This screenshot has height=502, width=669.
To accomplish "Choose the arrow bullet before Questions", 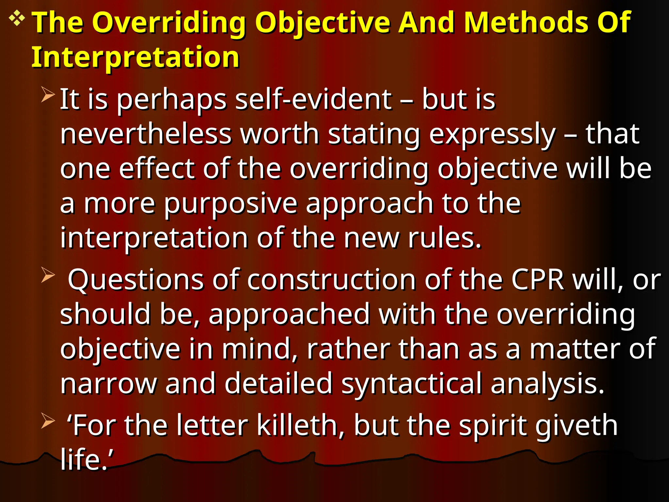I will click(48, 275).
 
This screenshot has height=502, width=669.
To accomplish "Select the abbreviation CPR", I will click(538, 280).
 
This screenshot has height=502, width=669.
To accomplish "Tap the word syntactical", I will click(412, 384).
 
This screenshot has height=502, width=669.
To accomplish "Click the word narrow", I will click(108, 384).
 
